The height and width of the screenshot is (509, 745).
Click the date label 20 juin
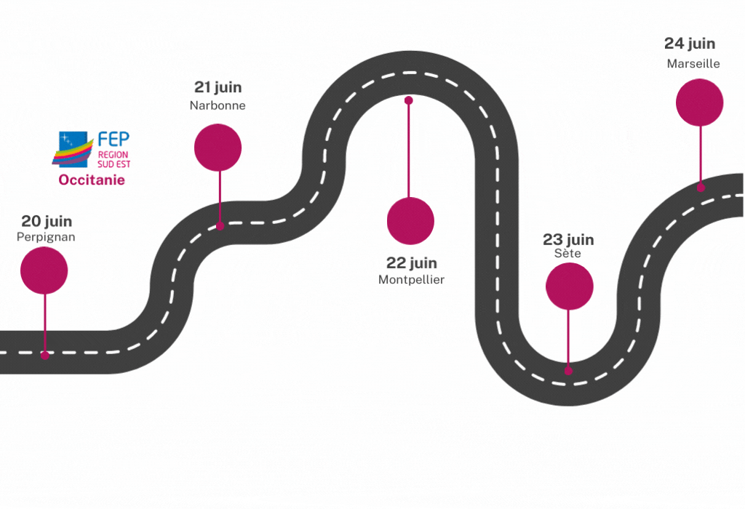(x=47, y=221)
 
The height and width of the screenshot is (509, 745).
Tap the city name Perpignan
(x=46, y=237)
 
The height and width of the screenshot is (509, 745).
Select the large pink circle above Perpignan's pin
(x=44, y=270)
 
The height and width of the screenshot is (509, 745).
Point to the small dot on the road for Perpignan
(x=45, y=356)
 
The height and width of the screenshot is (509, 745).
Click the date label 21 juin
(x=218, y=87)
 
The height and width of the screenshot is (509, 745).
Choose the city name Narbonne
(x=218, y=105)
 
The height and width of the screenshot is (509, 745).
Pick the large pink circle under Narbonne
(x=218, y=148)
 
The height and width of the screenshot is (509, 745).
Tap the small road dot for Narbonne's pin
(x=220, y=226)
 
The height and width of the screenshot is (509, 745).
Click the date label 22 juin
(x=411, y=263)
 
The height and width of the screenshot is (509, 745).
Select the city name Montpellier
(x=411, y=280)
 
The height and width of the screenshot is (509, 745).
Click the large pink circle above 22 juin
(x=410, y=220)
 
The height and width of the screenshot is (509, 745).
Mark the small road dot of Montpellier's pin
(x=409, y=100)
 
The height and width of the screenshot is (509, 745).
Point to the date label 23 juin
(x=568, y=239)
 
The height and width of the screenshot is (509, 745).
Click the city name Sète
(x=567, y=254)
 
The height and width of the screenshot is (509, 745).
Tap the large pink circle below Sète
(x=569, y=286)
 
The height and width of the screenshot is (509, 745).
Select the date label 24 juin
(x=690, y=44)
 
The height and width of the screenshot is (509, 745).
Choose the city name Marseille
(x=693, y=64)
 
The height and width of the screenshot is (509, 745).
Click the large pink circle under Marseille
(x=699, y=103)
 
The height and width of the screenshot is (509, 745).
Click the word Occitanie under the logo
(x=92, y=180)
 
